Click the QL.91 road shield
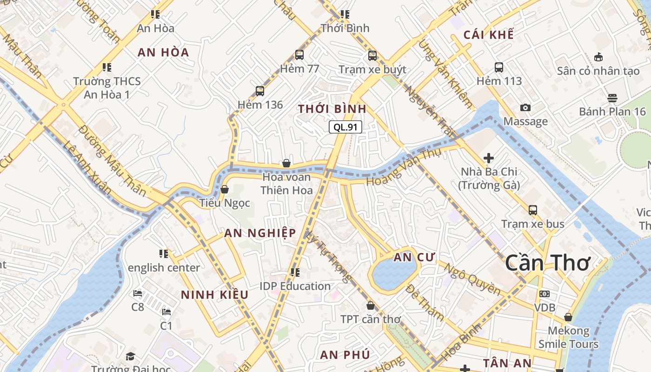[x=345, y=127]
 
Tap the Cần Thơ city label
[x=547, y=263]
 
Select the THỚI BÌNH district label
[x=332, y=109]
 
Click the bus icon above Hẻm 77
[x=299, y=55]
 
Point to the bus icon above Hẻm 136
[x=260, y=91]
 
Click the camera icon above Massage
[x=525, y=107]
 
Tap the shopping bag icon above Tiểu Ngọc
[x=225, y=189]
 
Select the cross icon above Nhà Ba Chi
[x=488, y=158]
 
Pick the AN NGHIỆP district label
[x=260, y=233]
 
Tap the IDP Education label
[x=295, y=286]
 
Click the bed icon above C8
[x=138, y=293]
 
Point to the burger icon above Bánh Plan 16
[x=612, y=98]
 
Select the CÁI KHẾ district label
[x=489, y=35]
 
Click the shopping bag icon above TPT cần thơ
[x=371, y=306]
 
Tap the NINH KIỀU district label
[x=214, y=295]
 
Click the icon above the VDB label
[x=545, y=294]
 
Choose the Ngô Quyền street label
[x=472, y=279]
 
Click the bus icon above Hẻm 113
[x=499, y=67]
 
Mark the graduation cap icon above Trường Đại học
[x=130, y=356]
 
